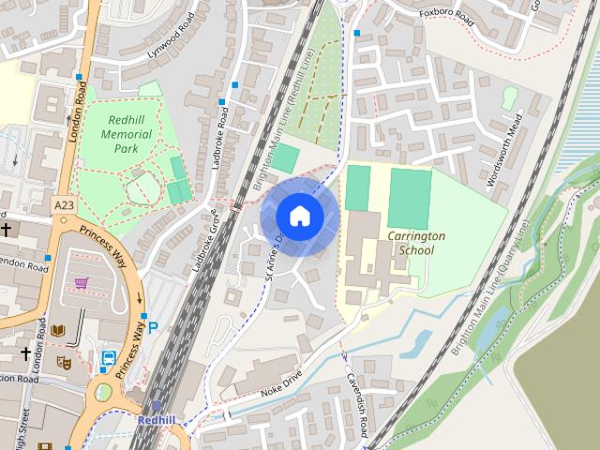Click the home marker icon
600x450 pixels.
coord(299,216)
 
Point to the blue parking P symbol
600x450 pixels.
coord(153,329)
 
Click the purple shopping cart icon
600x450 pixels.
coord(82,282)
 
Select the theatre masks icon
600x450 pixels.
coord(64,362)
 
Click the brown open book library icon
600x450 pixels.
coord(58,331)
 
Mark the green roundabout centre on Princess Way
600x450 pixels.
coord(103,393)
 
